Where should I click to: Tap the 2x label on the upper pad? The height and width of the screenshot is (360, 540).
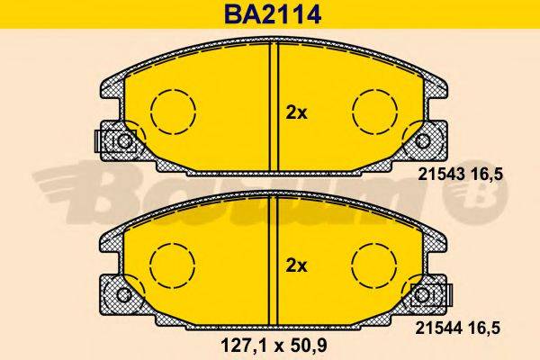(297, 112)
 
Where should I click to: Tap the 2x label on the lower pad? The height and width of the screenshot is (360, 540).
(297, 265)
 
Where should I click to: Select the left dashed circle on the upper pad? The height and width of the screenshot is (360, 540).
(173, 112)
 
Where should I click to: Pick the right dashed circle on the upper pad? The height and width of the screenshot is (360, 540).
(375, 112)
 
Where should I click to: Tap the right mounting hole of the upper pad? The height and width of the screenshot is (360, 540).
(424, 141)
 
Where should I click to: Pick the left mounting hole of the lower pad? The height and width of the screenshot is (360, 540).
(124, 294)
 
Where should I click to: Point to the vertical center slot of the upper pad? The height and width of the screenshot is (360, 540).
(275, 108)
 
